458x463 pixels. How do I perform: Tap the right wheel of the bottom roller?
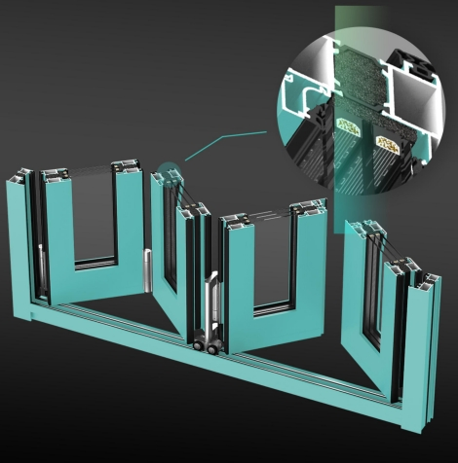point(212,345)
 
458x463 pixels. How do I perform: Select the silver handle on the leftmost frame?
point(42,272)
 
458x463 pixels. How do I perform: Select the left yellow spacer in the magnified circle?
point(348,125)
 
